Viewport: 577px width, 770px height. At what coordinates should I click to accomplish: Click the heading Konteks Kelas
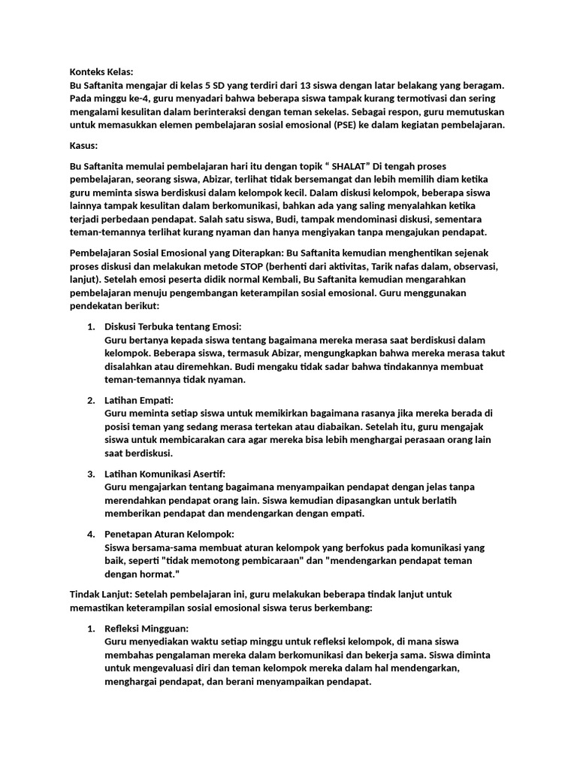tap(101, 72)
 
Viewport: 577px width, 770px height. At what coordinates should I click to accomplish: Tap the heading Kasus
tap(83, 144)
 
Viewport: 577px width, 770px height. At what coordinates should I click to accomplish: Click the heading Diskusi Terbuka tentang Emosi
tap(173, 326)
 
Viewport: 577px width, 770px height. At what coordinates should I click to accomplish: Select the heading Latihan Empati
tap(138, 399)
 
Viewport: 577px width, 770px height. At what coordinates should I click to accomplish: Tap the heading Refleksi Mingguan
tap(146, 628)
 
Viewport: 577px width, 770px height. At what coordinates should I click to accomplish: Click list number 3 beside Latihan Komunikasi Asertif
tap(91, 473)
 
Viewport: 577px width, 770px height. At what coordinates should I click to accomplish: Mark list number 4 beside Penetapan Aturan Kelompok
tap(91, 533)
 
